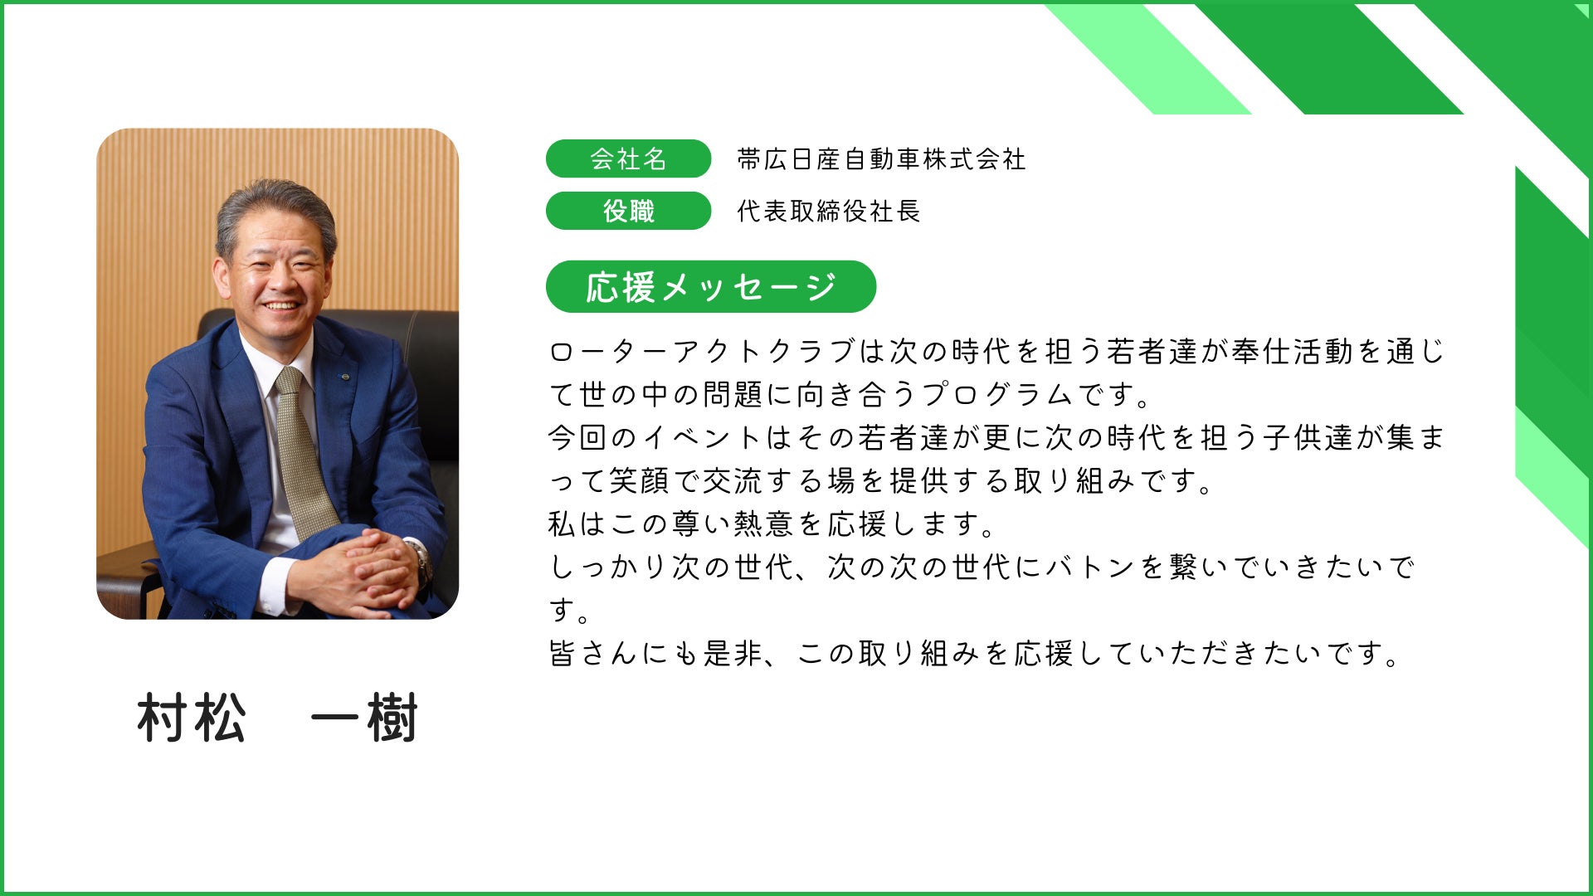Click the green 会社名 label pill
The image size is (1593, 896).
click(x=628, y=158)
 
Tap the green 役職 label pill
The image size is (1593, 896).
click(x=628, y=211)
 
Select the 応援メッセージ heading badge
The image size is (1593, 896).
click(x=711, y=287)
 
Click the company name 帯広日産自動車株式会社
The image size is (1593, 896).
click(x=881, y=158)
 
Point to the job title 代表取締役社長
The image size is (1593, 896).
click(x=829, y=211)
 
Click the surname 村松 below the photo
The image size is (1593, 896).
click(x=192, y=718)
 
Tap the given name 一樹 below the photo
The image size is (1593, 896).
click(x=364, y=718)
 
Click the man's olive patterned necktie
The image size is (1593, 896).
click(x=303, y=452)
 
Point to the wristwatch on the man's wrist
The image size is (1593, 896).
click(x=420, y=560)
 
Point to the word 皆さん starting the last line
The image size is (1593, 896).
click(x=594, y=654)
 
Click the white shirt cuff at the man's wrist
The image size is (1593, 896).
click(x=278, y=584)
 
